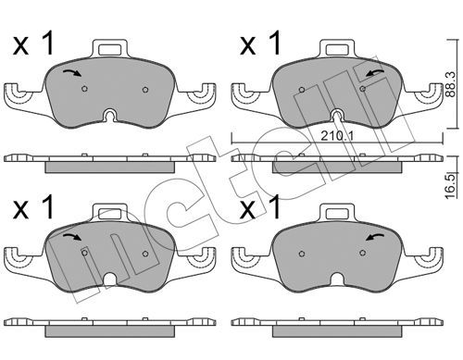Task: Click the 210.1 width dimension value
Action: (x=336, y=136)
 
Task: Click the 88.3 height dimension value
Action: (x=451, y=84)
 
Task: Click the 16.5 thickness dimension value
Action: (x=451, y=186)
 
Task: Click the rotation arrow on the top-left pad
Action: (x=72, y=73)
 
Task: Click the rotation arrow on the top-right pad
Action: (x=375, y=73)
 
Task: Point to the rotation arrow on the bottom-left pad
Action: (x=72, y=237)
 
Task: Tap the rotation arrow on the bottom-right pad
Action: (x=375, y=237)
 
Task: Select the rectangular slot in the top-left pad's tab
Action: (x=109, y=49)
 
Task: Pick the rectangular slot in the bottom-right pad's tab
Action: (x=337, y=213)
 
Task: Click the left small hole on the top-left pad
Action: (x=84, y=89)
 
